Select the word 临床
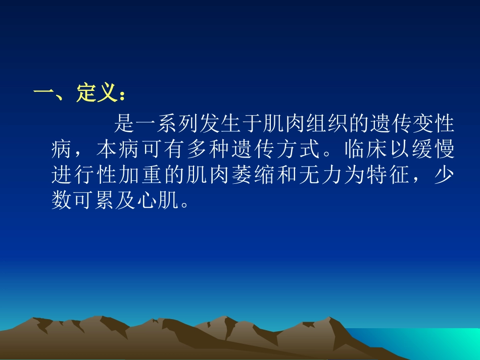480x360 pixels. [x=365, y=149]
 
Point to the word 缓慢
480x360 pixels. [x=432, y=149]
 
